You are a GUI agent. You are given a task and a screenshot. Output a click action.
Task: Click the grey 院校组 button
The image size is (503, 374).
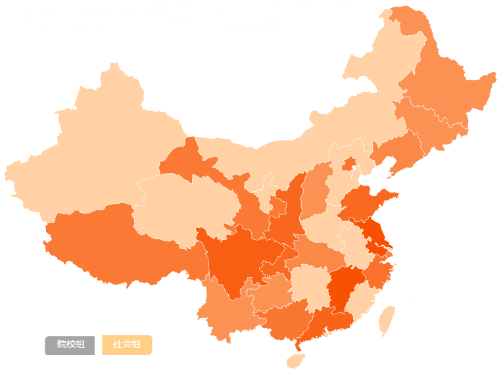coord(70,344)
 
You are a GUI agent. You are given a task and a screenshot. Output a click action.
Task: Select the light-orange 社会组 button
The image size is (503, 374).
coord(127,344)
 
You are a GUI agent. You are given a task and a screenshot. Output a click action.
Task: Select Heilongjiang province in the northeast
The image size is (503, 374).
coord(447,92)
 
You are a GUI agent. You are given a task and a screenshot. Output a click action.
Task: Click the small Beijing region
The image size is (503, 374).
coord(349,162)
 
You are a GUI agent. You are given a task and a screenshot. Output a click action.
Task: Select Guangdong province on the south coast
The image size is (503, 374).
coord(329,322)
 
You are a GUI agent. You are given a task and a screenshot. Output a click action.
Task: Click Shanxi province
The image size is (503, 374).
coord(316,191)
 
